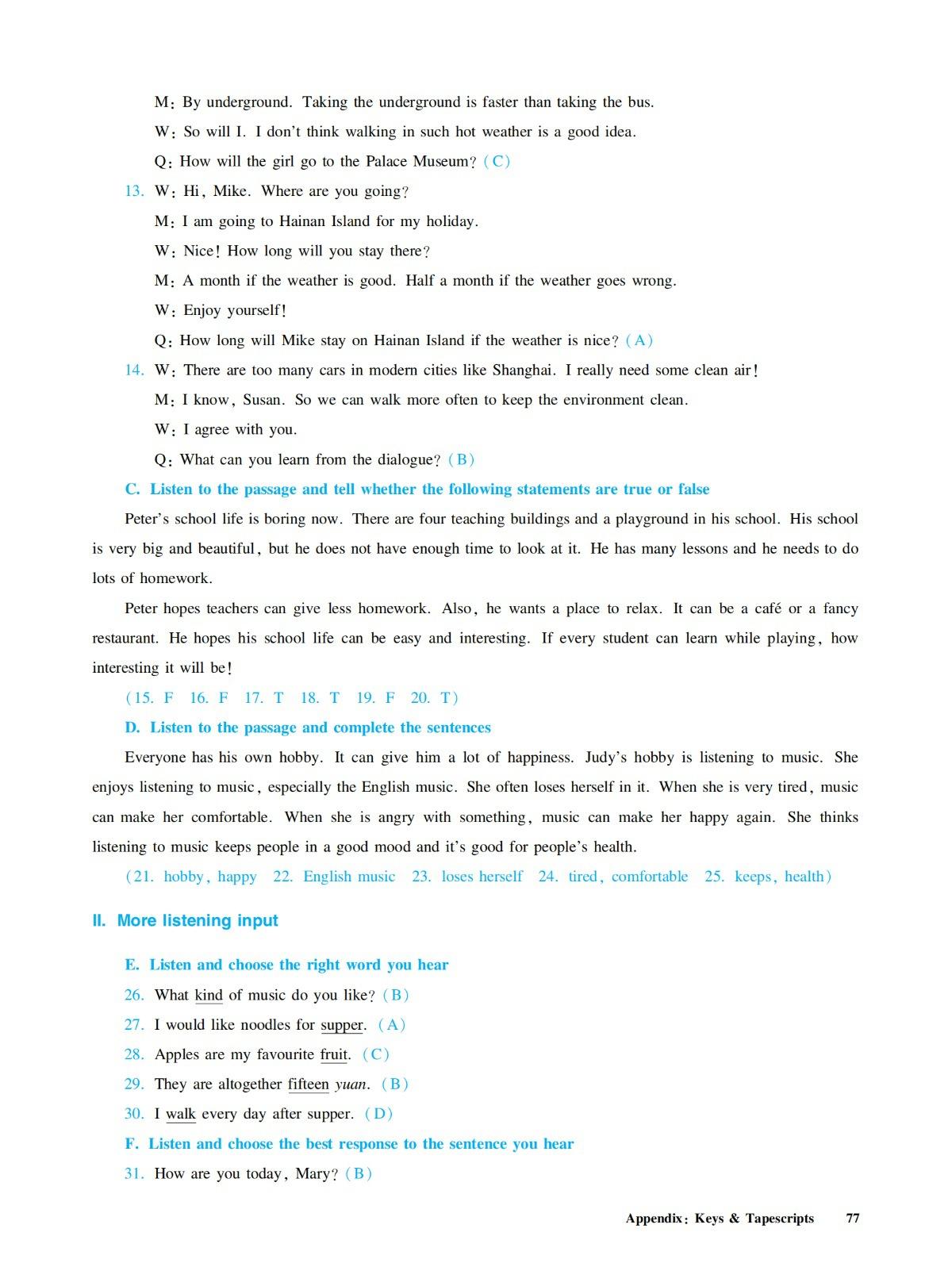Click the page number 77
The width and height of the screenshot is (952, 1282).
tap(853, 1219)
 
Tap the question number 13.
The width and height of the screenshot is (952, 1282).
tap(134, 191)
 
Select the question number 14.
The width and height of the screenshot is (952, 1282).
tap(134, 370)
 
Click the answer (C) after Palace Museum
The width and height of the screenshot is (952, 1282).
tap(497, 161)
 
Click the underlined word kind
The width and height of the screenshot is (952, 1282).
tap(209, 995)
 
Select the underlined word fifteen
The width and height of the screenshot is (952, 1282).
tap(308, 1084)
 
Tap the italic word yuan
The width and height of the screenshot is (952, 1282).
tap(351, 1084)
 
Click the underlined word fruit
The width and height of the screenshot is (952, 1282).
tap(334, 1054)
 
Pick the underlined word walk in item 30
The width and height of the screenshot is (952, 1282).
tap(181, 1114)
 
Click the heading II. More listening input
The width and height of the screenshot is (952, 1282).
tap(186, 920)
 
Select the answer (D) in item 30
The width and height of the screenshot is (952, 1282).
tap(379, 1114)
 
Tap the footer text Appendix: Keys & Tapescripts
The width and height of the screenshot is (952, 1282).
tap(720, 1219)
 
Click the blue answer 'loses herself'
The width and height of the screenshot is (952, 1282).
tap(482, 877)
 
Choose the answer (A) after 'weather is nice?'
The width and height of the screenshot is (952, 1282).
tap(639, 340)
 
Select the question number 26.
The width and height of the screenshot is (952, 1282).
tap(134, 995)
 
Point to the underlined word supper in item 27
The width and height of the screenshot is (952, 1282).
tap(342, 1025)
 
